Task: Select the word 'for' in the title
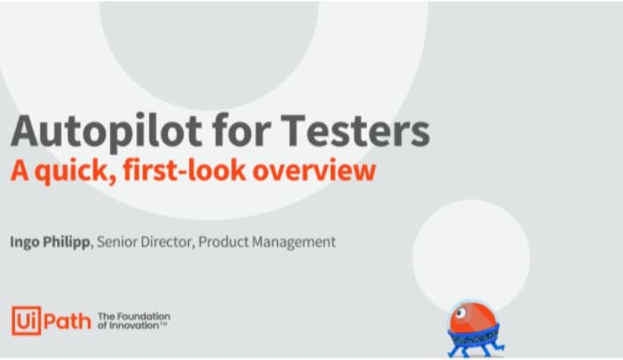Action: click(241, 129)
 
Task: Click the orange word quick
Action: click(76, 172)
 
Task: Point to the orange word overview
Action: click(314, 171)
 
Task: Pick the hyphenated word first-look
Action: click(185, 170)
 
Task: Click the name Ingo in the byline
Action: click(25, 242)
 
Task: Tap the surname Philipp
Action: click(66, 242)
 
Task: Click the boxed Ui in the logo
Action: click(26, 320)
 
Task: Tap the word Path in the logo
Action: click(67, 321)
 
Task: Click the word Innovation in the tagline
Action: click(133, 326)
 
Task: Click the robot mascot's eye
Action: click(460, 313)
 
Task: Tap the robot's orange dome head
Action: click(473, 317)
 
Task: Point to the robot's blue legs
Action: click(476, 349)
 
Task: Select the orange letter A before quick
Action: click(20, 170)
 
